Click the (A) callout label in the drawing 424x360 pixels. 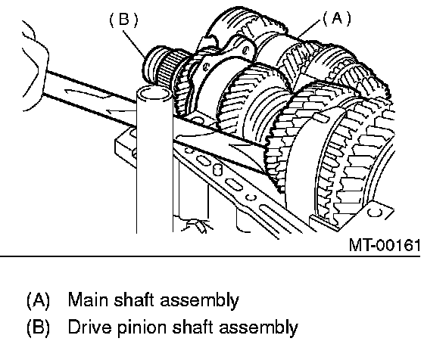(x=337, y=18)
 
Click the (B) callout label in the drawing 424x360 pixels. (x=123, y=20)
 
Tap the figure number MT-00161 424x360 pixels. (x=385, y=245)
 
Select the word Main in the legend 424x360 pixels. (x=88, y=299)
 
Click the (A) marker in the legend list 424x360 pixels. (x=38, y=299)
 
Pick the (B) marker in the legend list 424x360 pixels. (x=38, y=327)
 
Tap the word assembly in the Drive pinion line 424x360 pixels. (x=258, y=327)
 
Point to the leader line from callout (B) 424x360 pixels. (x=135, y=44)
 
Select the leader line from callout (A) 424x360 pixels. (x=310, y=29)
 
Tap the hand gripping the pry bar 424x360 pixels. (x=34, y=65)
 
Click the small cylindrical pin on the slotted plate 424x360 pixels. (x=217, y=169)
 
